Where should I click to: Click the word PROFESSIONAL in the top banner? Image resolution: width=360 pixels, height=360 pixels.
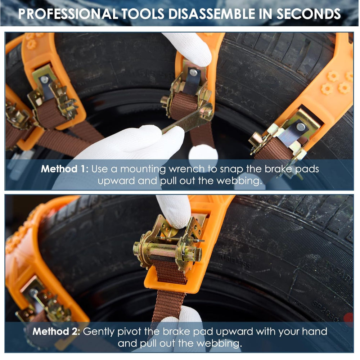[68, 14]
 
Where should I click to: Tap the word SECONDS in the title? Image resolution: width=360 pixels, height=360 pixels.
[309, 14]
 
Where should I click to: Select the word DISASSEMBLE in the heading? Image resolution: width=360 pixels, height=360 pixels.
[212, 14]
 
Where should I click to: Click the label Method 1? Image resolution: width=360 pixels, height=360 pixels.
[64, 169]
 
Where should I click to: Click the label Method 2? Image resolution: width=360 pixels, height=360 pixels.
[56, 332]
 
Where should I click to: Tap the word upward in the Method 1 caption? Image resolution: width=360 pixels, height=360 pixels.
[116, 181]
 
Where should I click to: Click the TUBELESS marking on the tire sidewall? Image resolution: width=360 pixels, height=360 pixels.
[234, 261]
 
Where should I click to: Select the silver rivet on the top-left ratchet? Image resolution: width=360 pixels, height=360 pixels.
[44, 80]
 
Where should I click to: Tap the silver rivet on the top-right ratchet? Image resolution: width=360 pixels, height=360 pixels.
[301, 127]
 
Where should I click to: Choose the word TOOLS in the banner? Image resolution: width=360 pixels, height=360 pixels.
[143, 14]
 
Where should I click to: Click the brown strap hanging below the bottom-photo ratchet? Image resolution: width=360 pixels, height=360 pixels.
[169, 305]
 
